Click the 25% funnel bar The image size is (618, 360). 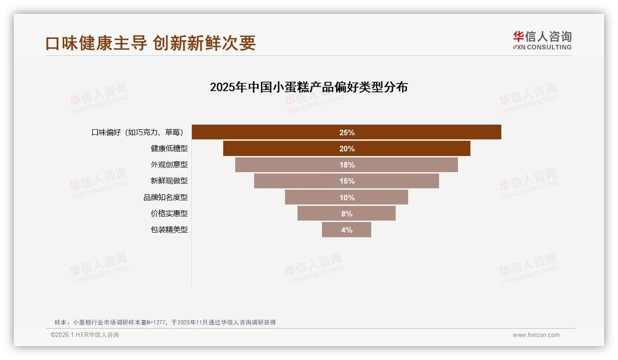pos(346,132)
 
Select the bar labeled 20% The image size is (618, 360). pos(346,149)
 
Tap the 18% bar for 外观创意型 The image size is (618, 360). pos(346,165)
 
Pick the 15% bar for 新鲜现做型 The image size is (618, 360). pos(346,181)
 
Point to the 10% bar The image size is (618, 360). pos(346,198)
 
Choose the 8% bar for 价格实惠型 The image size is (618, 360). pos(346,214)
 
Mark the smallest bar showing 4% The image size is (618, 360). pos(346,230)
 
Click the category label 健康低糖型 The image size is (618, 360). pos(169,149)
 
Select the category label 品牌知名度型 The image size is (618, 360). pos(166,198)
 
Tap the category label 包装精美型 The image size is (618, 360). pos(169,230)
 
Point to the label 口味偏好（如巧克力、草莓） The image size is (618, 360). pos(137,132)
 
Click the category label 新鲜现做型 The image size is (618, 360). pos(169,181)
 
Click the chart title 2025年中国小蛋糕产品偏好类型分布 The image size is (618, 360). pos(309,87)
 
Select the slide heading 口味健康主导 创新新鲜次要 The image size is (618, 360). pos(150,43)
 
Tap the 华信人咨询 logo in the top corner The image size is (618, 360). pos(542,40)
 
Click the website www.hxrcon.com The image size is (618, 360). pos(536,335)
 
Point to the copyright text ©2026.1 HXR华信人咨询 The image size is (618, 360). pos(85,335)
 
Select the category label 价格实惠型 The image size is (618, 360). pos(169,214)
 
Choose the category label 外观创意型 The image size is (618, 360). pos(169,165)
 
